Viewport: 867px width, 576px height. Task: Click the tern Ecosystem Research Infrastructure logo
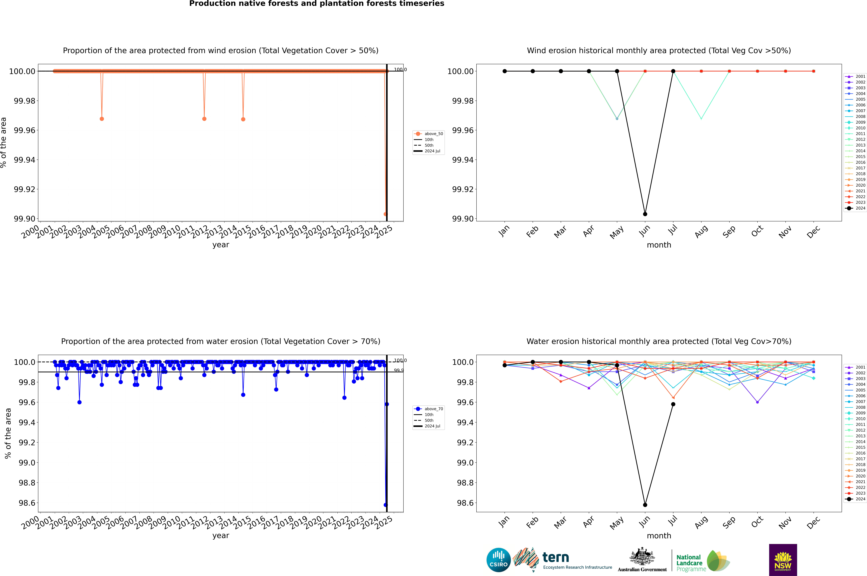tap(562, 560)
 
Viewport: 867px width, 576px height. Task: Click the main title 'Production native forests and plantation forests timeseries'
tap(316, 4)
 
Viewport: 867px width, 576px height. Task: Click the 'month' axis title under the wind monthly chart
tap(659, 245)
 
